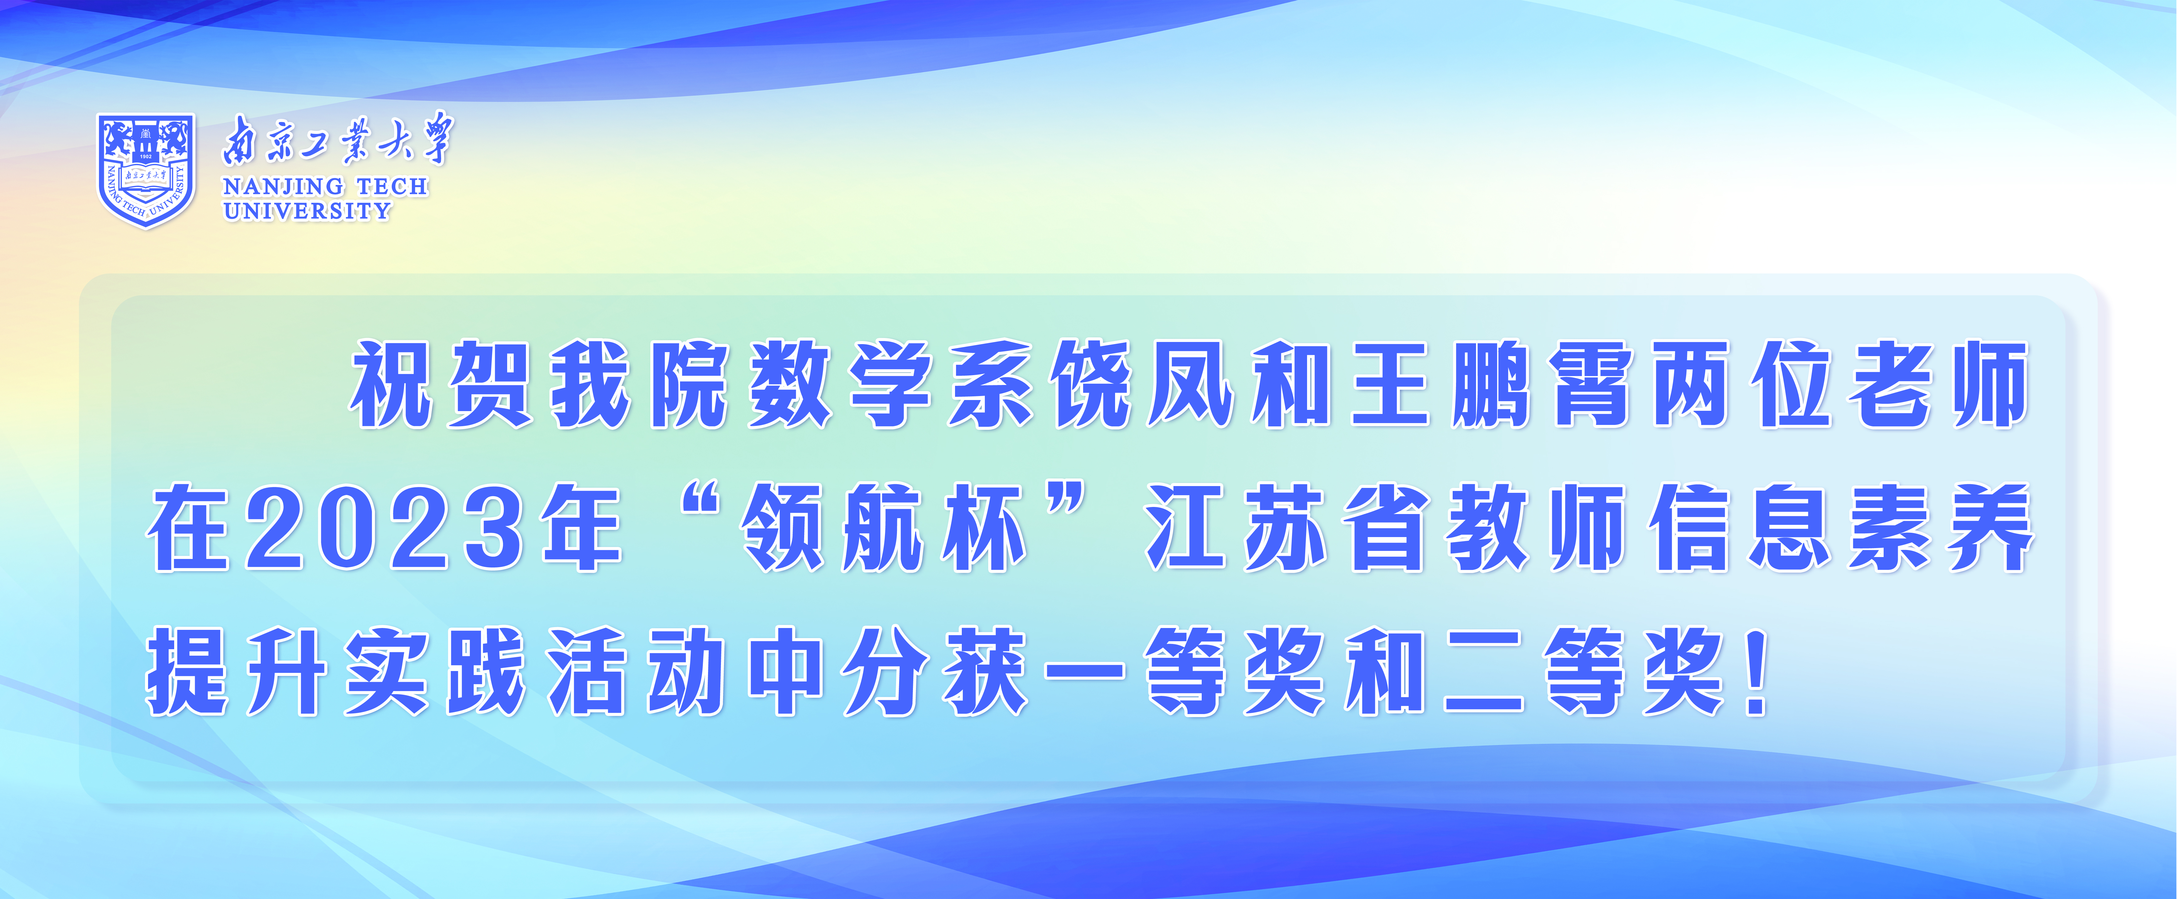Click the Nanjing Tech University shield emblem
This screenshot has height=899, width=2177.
point(146,170)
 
